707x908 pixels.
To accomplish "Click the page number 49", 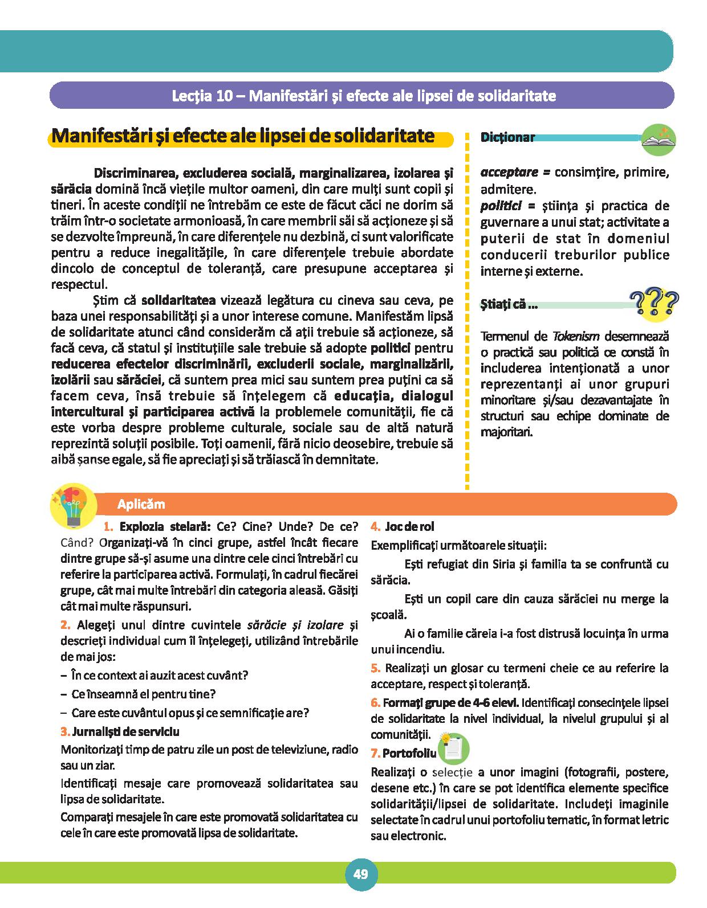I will tap(360, 874).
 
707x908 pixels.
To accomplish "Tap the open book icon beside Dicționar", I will tap(659, 139).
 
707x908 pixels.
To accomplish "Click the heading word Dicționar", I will tap(507, 137).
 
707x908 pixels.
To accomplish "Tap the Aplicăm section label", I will tap(141, 504).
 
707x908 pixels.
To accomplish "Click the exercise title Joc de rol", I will tap(409, 527).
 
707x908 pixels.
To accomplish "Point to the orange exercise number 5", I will tap(375, 668).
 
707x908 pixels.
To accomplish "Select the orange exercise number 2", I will tap(65, 625).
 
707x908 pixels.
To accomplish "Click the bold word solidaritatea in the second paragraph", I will tap(178, 300).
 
